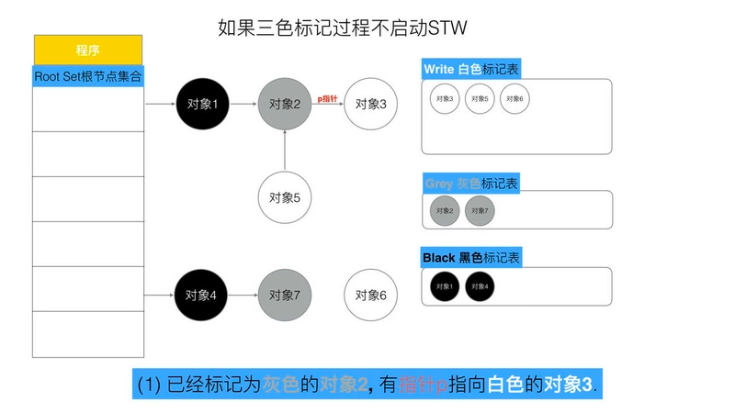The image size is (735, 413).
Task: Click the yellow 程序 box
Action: (x=88, y=50)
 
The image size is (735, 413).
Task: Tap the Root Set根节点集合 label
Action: (x=88, y=75)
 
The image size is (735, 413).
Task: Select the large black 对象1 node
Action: (x=202, y=105)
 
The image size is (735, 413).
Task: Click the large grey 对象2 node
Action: (x=286, y=105)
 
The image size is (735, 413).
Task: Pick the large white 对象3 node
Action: (x=371, y=105)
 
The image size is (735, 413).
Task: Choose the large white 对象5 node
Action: (x=286, y=197)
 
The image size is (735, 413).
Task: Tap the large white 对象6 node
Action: (x=371, y=296)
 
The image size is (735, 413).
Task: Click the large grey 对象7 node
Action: (x=286, y=296)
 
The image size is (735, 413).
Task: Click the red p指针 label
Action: (x=328, y=97)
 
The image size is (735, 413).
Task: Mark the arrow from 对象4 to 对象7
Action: (x=243, y=296)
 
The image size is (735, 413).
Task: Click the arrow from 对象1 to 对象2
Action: (x=243, y=105)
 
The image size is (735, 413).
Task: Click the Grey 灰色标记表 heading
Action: (x=471, y=184)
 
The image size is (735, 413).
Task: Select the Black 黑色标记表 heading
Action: (x=471, y=259)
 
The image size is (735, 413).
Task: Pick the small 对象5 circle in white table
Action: (x=480, y=99)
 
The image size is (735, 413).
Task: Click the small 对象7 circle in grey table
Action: (x=480, y=211)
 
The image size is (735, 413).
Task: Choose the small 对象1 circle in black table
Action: (x=445, y=286)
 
